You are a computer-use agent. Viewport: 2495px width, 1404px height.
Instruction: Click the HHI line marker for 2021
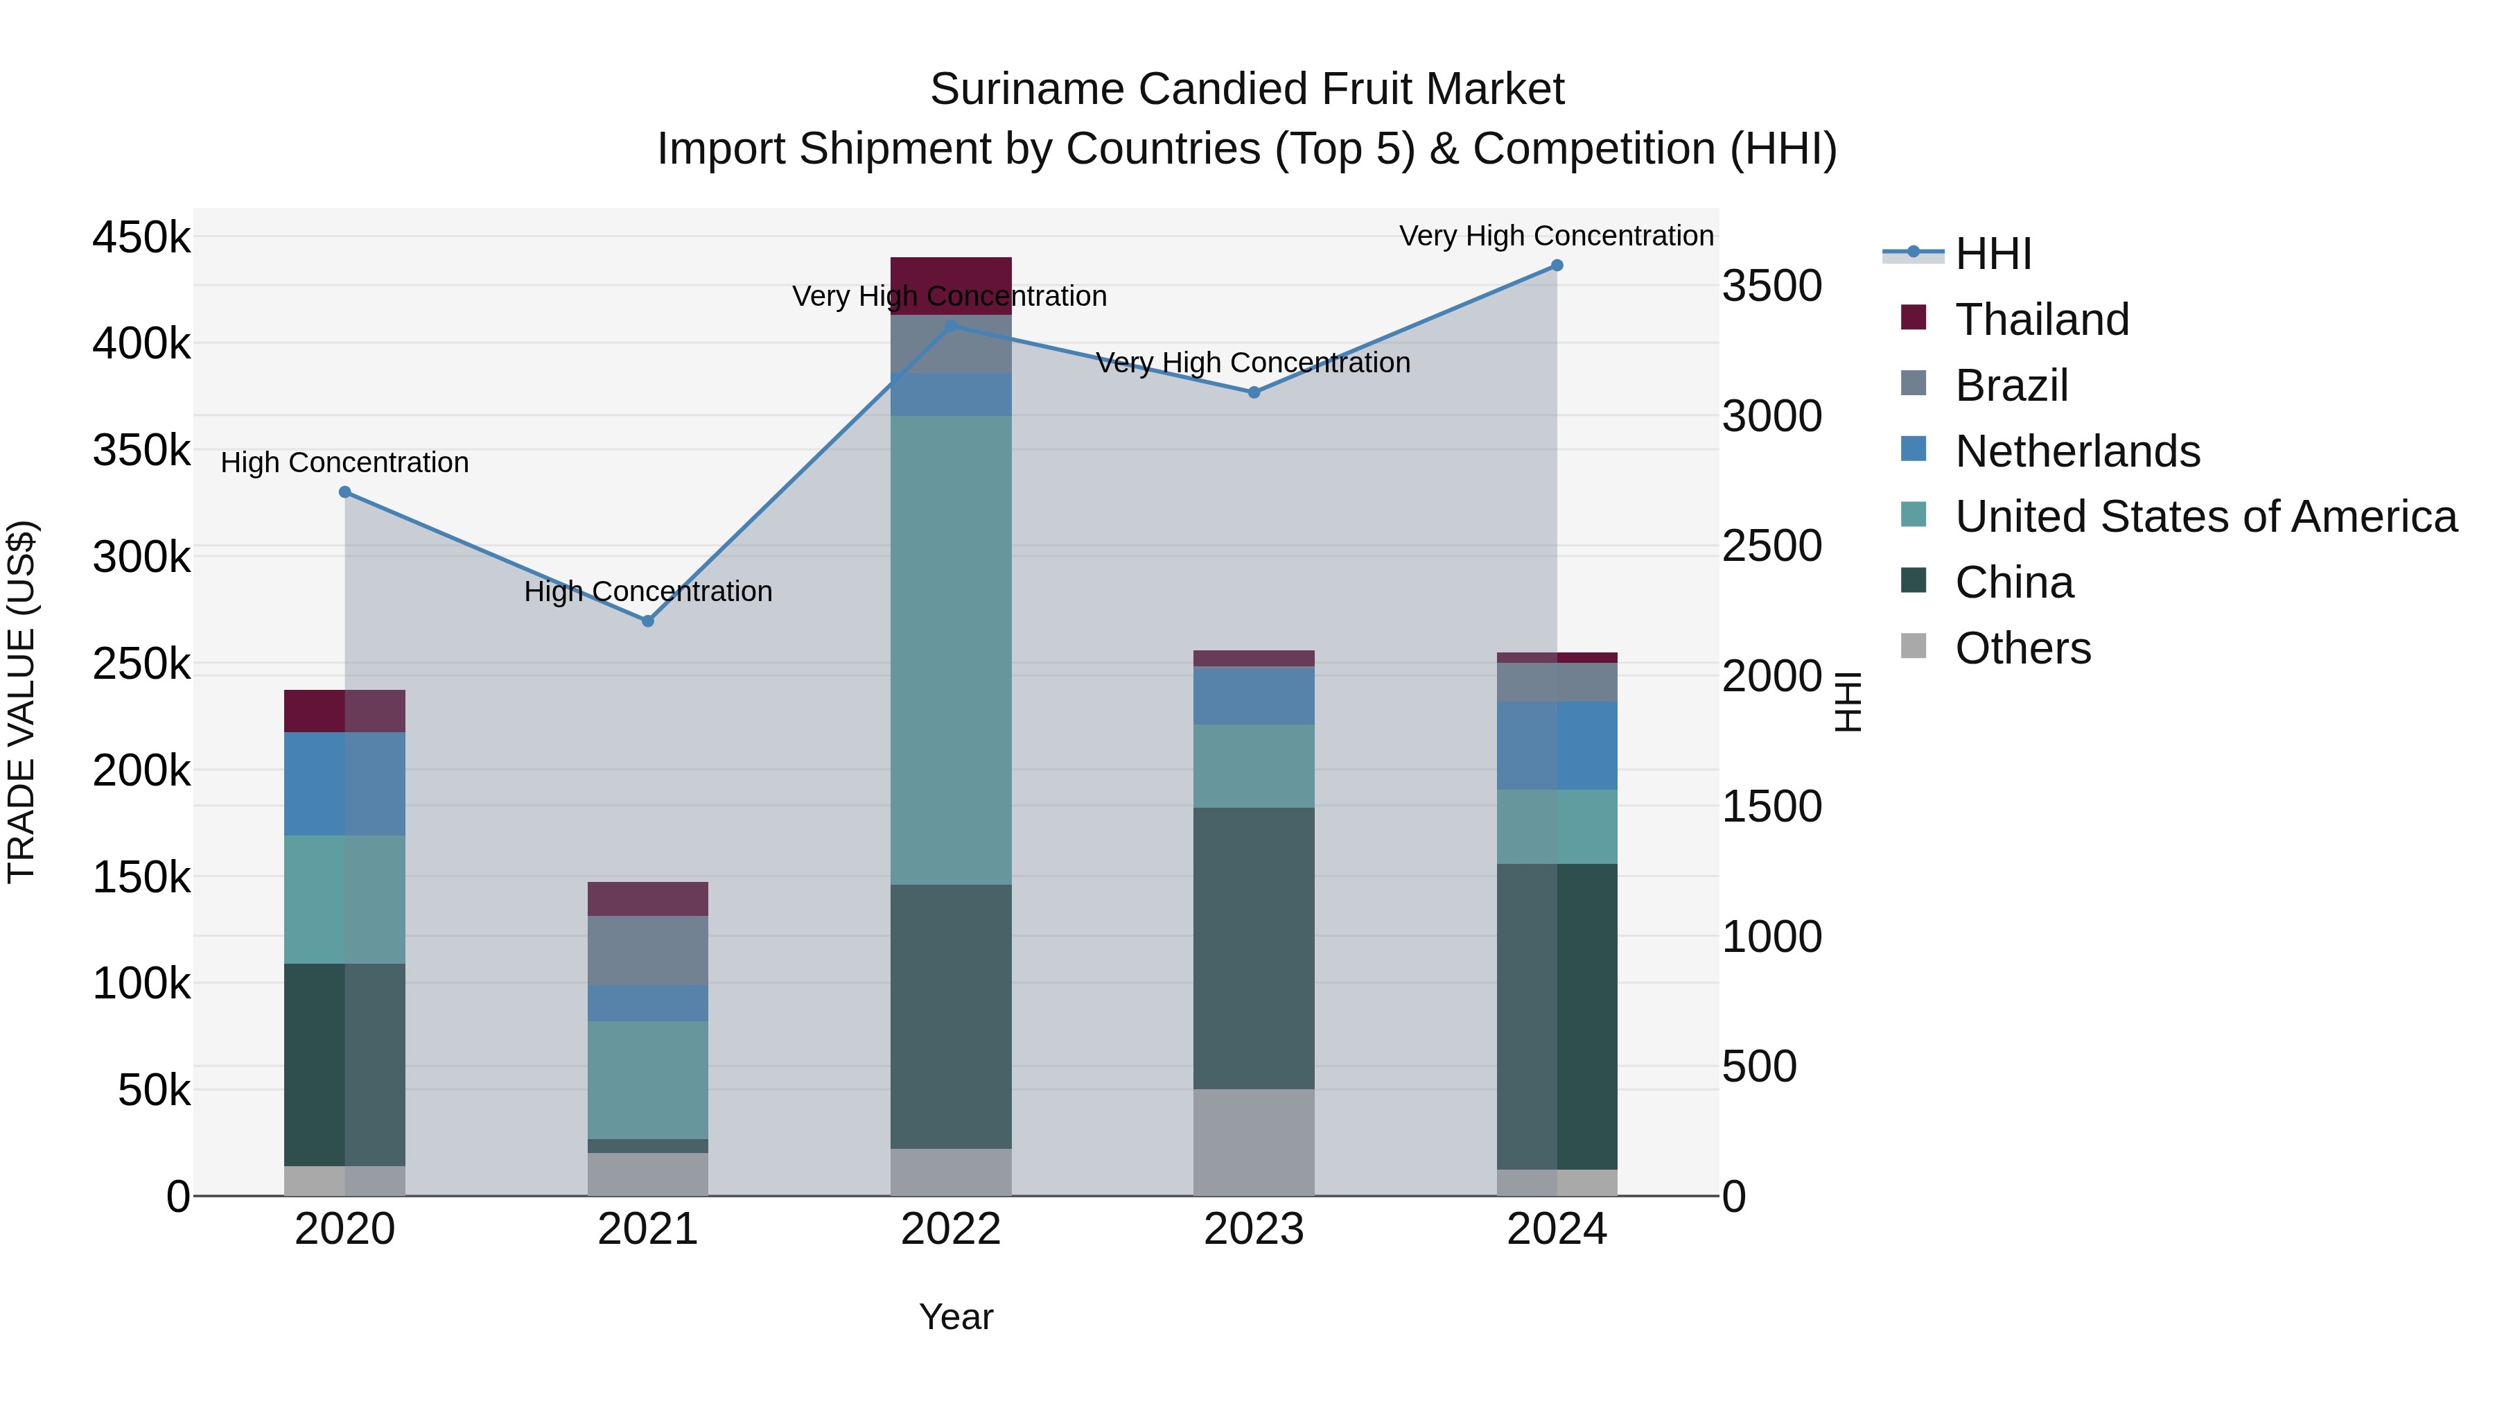[x=648, y=621]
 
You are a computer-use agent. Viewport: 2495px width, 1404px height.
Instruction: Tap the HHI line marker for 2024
[x=1557, y=266]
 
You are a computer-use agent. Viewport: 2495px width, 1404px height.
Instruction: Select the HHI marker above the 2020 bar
[x=345, y=492]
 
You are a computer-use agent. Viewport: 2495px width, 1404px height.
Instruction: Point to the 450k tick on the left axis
[x=141, y=237]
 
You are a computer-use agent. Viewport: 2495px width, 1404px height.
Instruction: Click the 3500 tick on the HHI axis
[x=1771, y=287]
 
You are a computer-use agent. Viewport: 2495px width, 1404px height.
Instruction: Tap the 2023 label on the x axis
[x=1253, y=1229]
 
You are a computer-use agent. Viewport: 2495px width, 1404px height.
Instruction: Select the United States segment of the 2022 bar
[x=950, y=649]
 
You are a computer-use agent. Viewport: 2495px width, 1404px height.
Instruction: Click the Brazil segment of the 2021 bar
[x=648, y=950]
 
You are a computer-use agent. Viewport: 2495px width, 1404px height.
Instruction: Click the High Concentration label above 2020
[x=345, y=463]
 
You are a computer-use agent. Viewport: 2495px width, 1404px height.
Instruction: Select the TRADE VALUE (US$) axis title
[x=21, y=702]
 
